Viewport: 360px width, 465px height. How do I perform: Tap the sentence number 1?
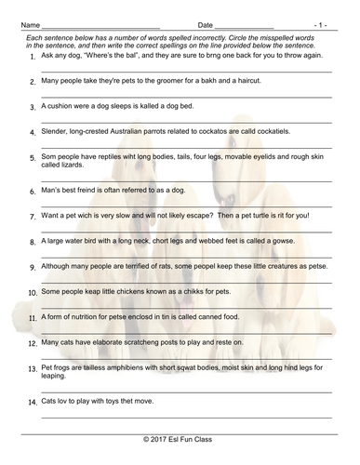click(x=33, y=58)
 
